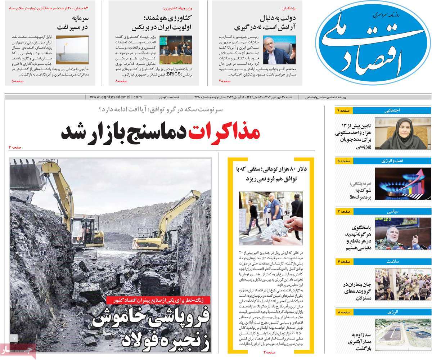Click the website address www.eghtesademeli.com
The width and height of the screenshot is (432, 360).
(116, 97)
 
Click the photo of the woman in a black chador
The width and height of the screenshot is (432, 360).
(402, 134)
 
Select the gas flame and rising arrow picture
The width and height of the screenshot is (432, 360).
(402, 184)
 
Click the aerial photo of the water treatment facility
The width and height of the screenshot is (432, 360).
(402, 334)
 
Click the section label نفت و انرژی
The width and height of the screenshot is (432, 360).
(393, 161)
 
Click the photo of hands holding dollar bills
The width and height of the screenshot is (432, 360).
(271, 218)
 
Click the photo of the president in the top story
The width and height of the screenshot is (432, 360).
(279, 50)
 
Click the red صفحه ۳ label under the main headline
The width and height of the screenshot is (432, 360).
(15, 147)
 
